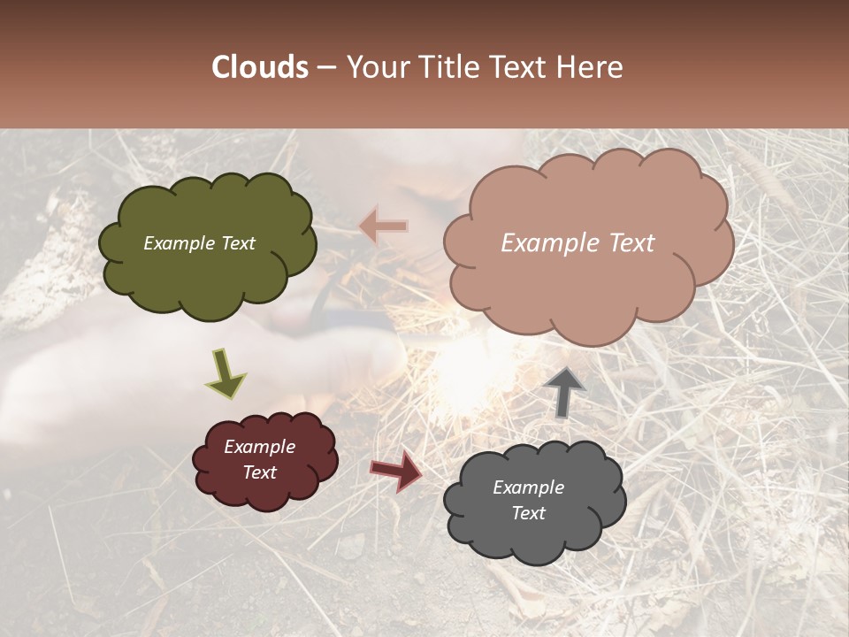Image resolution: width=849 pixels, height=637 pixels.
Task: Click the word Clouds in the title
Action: (260, 67)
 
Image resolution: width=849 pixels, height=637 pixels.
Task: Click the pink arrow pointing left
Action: (384, 226)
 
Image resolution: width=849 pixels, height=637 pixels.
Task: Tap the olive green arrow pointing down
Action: (226, 372)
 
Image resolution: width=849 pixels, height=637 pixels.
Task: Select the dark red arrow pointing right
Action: (396, 470)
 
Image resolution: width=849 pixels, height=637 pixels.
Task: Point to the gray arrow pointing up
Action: (564, 392)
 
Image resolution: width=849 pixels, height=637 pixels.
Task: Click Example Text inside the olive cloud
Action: (199, 243)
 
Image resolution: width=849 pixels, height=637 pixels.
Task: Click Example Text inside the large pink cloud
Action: (577, 243)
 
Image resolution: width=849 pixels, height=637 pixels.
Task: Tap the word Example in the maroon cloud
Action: (259, 447)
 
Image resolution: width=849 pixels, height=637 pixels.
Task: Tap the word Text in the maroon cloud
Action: (259, 472)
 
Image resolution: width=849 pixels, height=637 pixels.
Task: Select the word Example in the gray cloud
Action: (528, 487)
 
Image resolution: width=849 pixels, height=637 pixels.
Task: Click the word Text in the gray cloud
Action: (528, 513)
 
